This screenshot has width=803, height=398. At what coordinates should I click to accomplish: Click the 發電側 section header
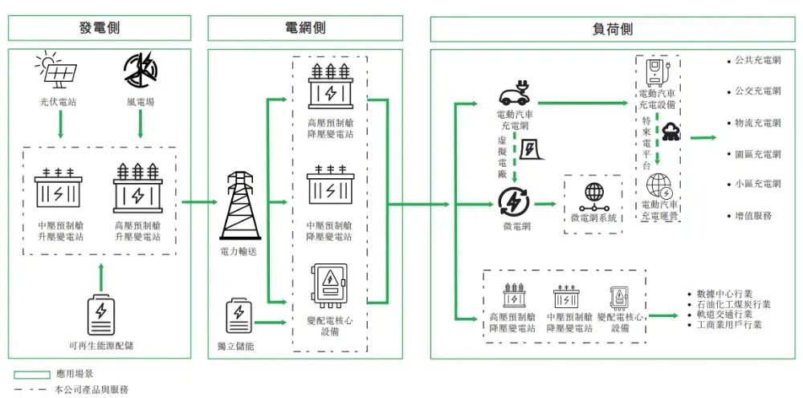[100, 28]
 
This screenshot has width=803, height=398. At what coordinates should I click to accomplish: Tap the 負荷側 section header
[613, 28]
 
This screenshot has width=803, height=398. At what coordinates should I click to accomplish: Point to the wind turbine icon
[141, 71]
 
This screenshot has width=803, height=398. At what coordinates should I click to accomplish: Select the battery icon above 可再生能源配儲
[100, 315]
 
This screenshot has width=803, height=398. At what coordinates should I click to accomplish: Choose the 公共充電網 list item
[757, 60]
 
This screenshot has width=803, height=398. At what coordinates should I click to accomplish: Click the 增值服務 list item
[752, 215]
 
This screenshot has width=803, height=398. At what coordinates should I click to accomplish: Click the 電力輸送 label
[239, 250]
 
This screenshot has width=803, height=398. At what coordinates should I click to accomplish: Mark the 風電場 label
[141, 103]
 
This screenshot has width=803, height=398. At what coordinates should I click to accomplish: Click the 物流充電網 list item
[757, 123]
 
